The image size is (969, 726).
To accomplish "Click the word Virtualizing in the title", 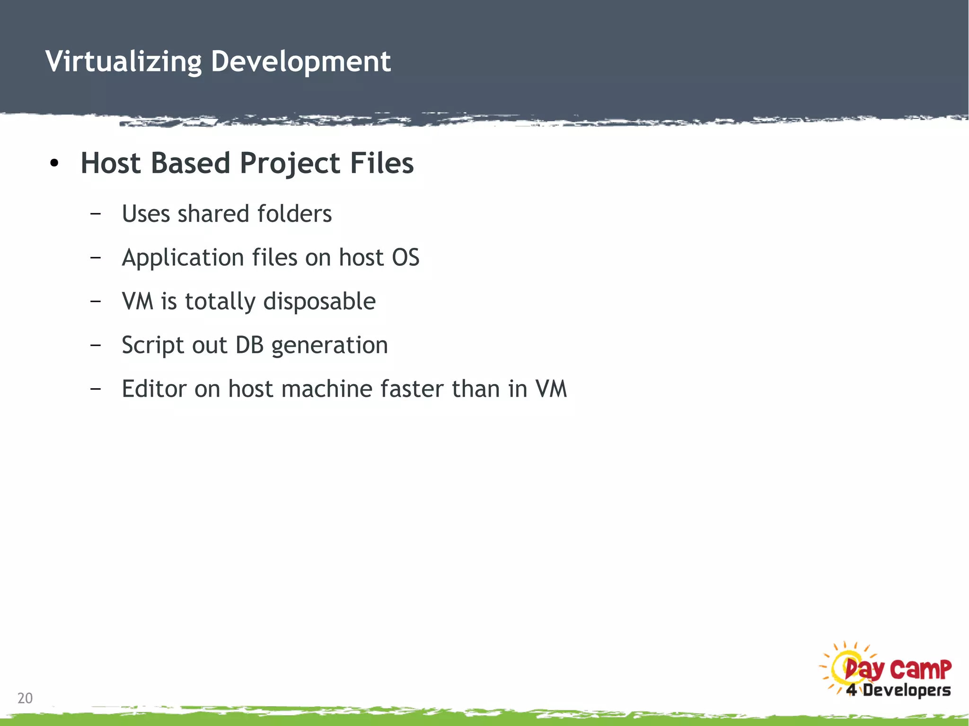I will (123, 62).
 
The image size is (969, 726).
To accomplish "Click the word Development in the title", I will (300, 62).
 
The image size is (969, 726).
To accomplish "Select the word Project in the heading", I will (290, 164).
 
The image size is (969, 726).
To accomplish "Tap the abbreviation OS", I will (405, 258).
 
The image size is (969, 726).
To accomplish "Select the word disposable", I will (319, 302).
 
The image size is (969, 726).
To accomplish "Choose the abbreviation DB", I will (249, 345).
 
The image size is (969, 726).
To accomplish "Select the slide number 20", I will (25, 698).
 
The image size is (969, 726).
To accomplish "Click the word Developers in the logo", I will (907, 691).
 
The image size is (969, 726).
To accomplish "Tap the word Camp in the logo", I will (920, 669).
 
